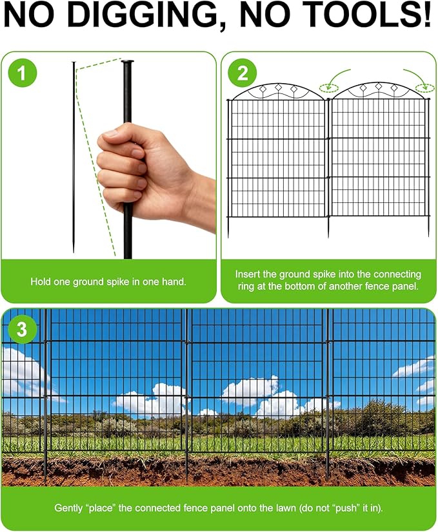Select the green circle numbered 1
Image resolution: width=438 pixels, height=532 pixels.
(x=23, y=73)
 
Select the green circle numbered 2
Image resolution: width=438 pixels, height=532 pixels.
(x=243, y=73)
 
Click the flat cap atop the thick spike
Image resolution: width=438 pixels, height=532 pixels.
(x=127, y=62)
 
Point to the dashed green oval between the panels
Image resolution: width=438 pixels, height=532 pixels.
(x=329, y=88)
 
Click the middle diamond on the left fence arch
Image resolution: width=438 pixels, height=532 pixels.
(x=279, y=87)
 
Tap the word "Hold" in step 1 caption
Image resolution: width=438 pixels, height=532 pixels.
(x=41, y=281)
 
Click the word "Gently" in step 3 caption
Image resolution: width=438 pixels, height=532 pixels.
(x=69, y=508)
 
